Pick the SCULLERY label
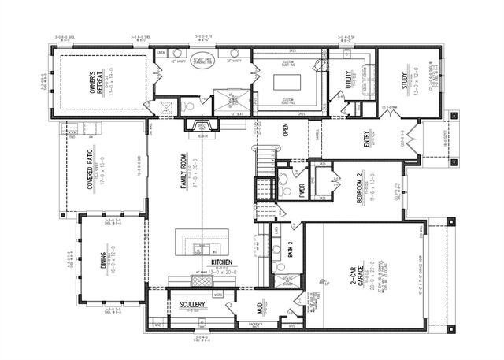[x=193, y=303]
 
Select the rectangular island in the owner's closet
[x=288, y=82]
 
